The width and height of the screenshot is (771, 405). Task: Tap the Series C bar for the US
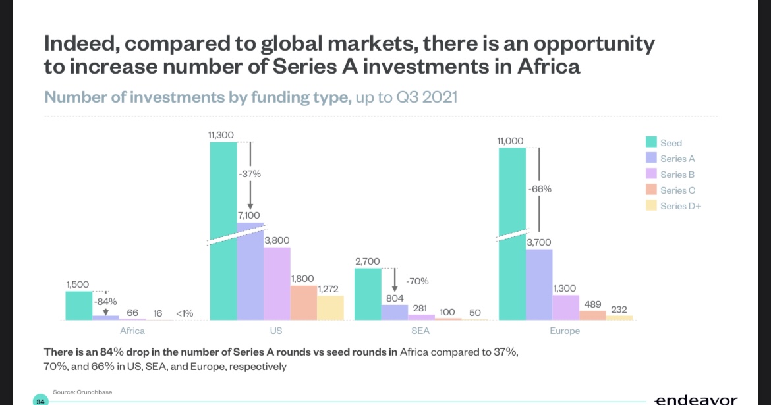tap(303, 302)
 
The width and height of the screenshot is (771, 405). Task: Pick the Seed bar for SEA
tap(368, 294)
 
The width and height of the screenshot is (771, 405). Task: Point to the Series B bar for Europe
tap(565, 307)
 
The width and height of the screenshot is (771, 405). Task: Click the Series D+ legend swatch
tap(651, 206)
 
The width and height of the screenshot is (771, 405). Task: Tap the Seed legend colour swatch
tap(651, 142)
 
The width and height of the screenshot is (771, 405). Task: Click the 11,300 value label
tap(221, 135)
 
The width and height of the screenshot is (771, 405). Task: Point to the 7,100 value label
tap(250, 215)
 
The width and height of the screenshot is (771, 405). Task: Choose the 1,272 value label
tap(329, 289)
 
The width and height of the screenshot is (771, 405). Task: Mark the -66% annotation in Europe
tap(540, 189)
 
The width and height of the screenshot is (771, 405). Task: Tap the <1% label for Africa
tap(185, 313)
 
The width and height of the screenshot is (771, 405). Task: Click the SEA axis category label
tap(420, 331)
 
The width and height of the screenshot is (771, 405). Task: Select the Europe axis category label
tap(565, 331)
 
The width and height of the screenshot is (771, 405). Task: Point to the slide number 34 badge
tap(41, 401)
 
